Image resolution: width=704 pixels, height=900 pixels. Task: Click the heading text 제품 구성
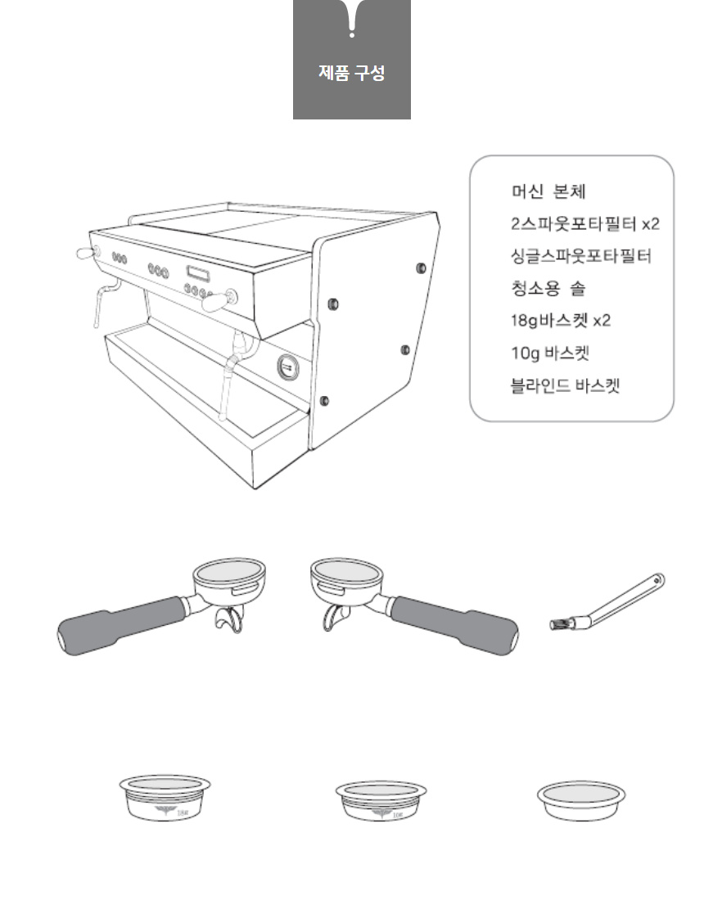[351, 73]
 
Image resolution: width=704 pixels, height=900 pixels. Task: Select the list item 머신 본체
[548, 191]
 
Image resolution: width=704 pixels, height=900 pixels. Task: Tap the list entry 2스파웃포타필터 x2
[585, 223]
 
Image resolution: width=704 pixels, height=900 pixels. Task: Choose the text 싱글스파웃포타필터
[581, 255]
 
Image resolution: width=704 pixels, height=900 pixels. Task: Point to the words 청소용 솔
[548, 287]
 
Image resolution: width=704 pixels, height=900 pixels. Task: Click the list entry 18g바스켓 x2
[561, 320]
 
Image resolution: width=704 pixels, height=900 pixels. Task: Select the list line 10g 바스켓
[550, 353]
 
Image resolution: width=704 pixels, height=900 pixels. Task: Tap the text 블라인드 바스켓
[566, 385]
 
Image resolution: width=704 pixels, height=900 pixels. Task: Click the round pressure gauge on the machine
[288, 367]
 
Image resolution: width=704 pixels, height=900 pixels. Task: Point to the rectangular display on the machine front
[197, 274]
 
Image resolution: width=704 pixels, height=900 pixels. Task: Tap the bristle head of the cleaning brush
[560, 624]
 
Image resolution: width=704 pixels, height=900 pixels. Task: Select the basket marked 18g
[165, 797]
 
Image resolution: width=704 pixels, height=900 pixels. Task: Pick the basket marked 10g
[381, 801]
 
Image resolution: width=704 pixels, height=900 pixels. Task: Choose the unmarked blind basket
[581, 801]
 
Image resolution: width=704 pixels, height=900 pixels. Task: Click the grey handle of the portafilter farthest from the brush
[121, 626]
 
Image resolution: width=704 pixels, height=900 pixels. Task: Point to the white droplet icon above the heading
[351, 18]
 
